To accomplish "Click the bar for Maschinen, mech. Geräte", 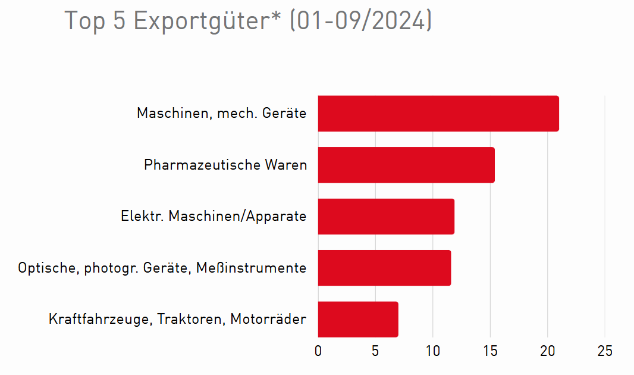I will pyautogui.click(x=438, y=113).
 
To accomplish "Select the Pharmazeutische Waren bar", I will pyautogui.click(x=406, y=165).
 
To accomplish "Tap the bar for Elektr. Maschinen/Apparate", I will pyautogui.click(x=386, y=216).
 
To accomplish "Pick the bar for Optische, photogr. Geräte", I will pyautogui.click(x=384, y=268).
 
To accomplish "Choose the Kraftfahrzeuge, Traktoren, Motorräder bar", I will pyautogui.click(x=358, y=319).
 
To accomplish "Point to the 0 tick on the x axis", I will pyautogui.click(x=318, y=351).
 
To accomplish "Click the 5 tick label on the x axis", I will pyautogui.click(x=375, y=351).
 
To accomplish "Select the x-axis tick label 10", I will pyautogui.click(x=432, y=351).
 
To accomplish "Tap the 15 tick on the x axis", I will pyautogui.click(x=490, y=351).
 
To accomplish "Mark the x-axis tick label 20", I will pyautogui.click(x=547, y=351).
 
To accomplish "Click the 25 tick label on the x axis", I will pyautogui.click(x=605, y=351).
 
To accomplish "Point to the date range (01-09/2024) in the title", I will pyautogui.click(x=360, y=21).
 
